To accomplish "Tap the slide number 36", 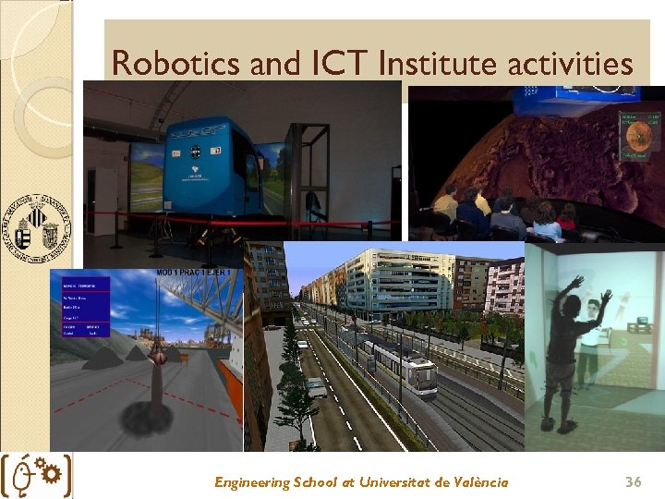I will pos(633,481).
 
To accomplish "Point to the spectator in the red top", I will pos(567,217).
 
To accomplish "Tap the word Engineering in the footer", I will pos(251,481).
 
